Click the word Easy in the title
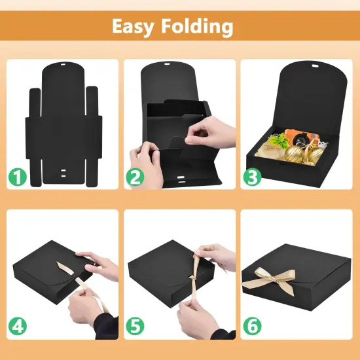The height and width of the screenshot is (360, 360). click(133, 26)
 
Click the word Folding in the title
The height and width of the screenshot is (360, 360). click(197, 26)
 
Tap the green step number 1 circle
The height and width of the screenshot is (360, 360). click(18, 177)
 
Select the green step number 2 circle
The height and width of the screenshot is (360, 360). click(135, 177)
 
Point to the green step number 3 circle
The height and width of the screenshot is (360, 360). click(252, 177)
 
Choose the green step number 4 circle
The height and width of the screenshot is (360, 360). click(18, 326)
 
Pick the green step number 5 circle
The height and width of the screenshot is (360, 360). click(135, 326)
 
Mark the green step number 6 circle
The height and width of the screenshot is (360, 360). click(252, 326)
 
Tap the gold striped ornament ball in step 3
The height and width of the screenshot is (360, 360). click(294, 154)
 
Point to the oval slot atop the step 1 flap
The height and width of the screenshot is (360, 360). click(63, 65)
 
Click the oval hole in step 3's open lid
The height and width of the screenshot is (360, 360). click(315, 66)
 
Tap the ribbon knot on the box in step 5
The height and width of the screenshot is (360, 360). click(192, 278)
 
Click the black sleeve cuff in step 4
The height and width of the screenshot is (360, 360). click(106, 327)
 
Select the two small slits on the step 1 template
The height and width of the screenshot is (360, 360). click(63, 173)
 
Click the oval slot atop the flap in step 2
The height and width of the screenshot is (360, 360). click(167, 64)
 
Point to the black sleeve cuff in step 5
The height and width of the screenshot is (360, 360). click(223, 334)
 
